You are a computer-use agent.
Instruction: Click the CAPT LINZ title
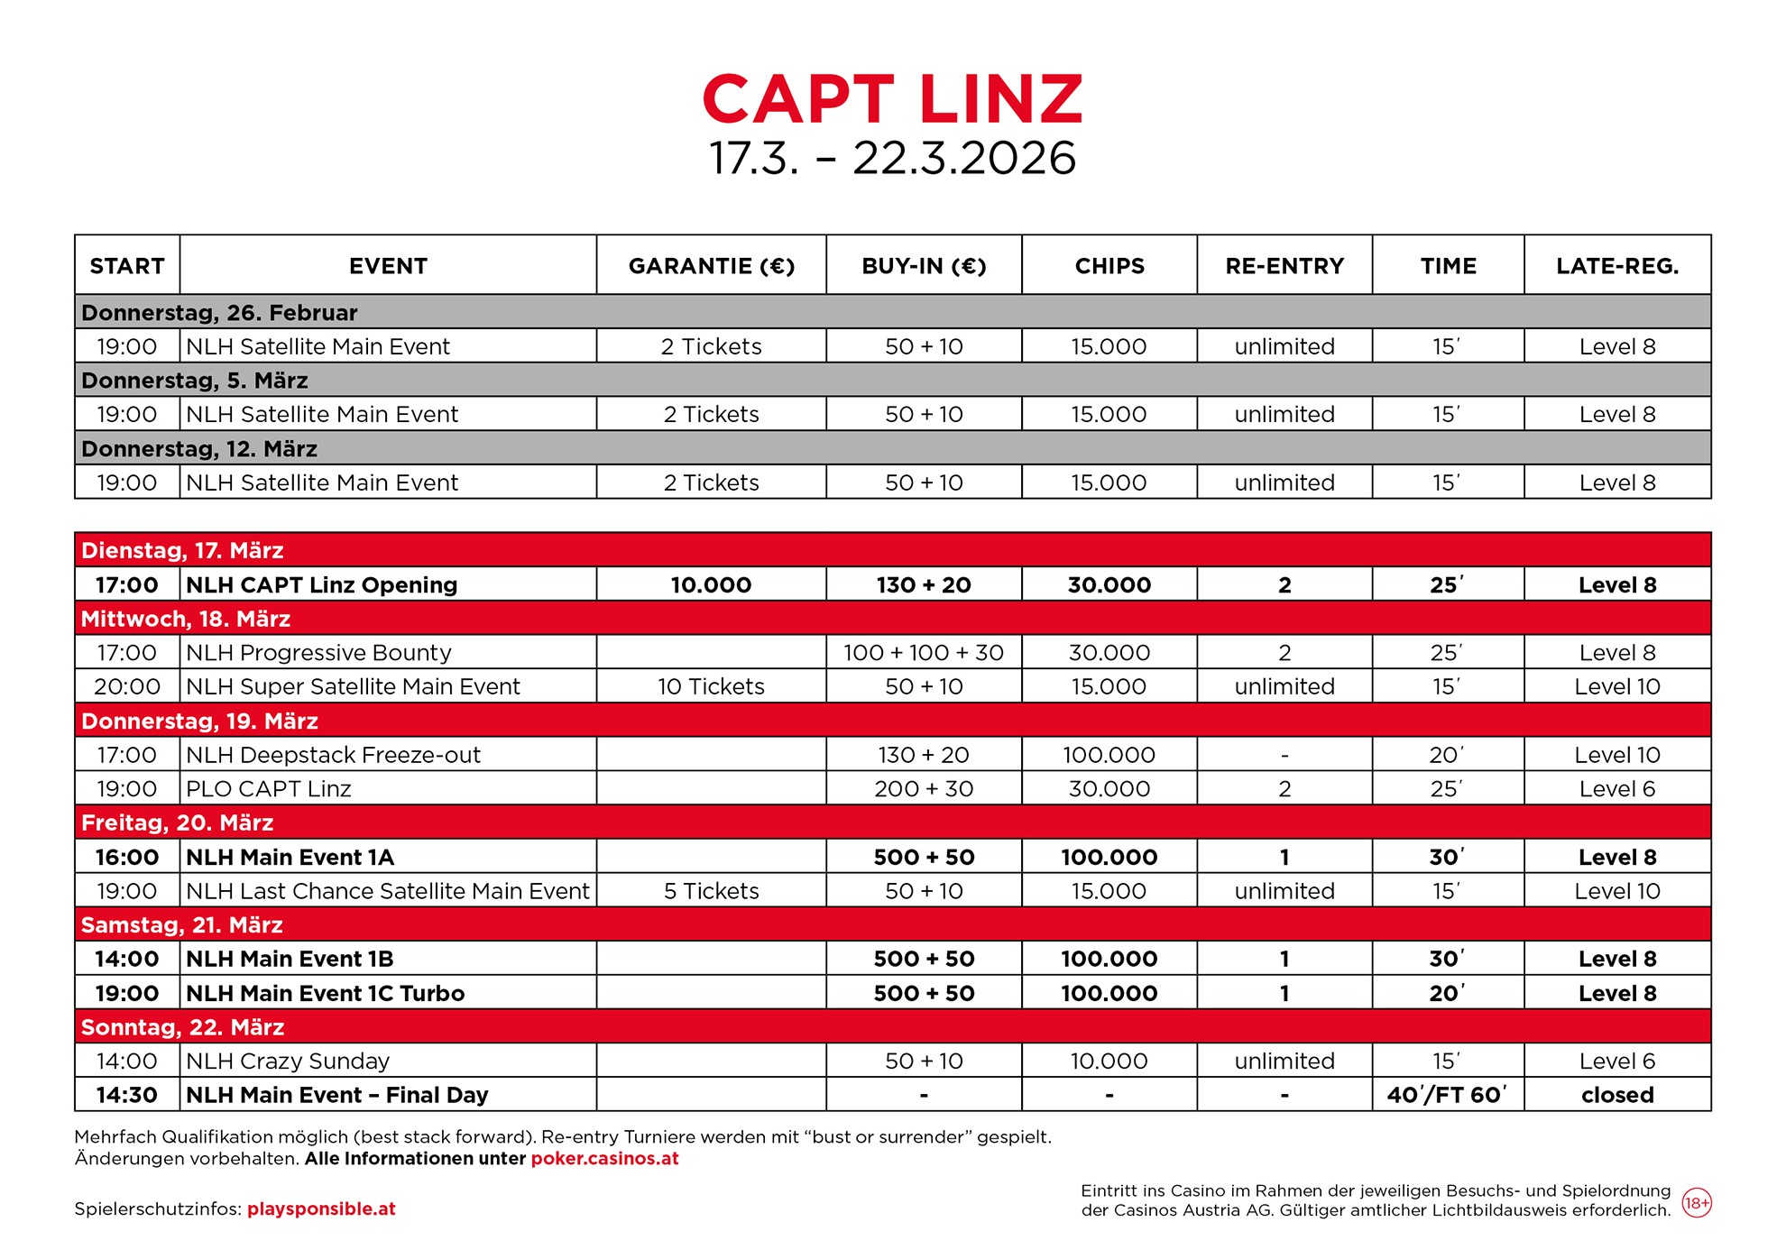click(x=892, y=99)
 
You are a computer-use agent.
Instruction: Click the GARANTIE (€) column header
click(x=711, y=266)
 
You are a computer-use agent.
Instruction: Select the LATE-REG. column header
click(x=1616, y=266)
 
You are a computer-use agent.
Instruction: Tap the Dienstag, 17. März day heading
click(x=182, y=550)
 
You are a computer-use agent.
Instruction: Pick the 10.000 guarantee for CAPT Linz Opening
click(x=711, y=584)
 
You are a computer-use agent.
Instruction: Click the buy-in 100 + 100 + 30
click(x=923, y=652)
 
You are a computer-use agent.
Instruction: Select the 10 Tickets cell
click(x=711, y=686)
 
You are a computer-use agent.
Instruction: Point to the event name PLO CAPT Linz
click(x=268, y=789)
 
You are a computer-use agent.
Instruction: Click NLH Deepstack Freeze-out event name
click(x=333, y=755)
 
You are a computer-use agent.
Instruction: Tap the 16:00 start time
click(x=127, y=857)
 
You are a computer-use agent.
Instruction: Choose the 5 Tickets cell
click(x=711, y=891)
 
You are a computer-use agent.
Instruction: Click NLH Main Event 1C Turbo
click(x=325, y=993)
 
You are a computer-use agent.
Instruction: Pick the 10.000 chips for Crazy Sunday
click(x=1109, y=1061)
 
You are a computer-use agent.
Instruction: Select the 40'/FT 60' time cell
click(x=1447, y=1095)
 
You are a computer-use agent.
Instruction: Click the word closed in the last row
click(x=1616, y=1095)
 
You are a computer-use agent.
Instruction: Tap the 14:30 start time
click(x=127, y=1095)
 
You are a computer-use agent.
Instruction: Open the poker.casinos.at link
click(x=604, y=1159)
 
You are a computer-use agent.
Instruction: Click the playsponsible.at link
click(x=321, y=1209)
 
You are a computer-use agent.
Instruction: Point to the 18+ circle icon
click(x=1697, y=1203)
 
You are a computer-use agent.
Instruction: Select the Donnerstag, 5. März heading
click(x=195, y=381)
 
